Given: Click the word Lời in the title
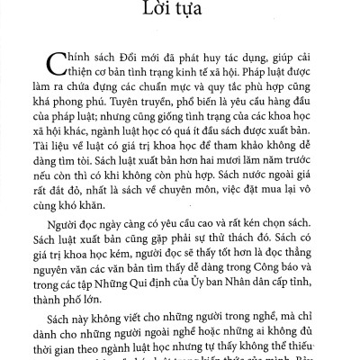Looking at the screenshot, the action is (x=162, y=16).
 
